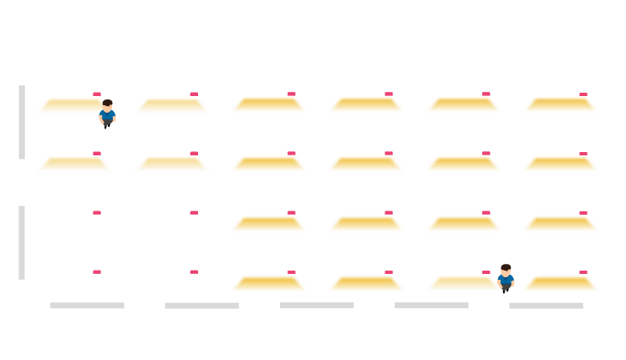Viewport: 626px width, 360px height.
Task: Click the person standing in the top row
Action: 107,113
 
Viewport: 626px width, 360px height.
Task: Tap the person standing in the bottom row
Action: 506,278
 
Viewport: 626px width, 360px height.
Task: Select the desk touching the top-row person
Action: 72,106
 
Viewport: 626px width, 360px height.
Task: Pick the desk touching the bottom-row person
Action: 462,284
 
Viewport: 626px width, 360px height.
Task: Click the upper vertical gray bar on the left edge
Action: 22,122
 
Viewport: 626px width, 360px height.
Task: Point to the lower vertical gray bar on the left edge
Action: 22,242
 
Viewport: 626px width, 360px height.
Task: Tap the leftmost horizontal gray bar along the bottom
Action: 87,306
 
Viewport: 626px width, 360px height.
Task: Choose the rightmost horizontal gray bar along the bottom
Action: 546,306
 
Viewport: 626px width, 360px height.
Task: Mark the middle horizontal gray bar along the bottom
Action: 317,306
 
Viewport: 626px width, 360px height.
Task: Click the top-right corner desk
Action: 560,105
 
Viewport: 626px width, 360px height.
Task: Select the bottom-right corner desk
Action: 560,284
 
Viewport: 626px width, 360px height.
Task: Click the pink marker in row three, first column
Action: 97,212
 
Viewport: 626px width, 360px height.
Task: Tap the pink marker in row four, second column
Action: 194,271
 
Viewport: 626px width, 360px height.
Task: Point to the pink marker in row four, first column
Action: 97,271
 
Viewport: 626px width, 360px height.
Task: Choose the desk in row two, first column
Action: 74,165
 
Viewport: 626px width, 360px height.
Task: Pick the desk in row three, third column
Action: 268,225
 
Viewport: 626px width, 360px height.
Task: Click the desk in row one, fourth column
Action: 365,105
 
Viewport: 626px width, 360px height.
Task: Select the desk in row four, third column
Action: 268,284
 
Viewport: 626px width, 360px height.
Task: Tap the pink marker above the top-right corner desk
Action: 583,94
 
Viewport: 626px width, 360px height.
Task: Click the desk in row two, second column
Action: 171,165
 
